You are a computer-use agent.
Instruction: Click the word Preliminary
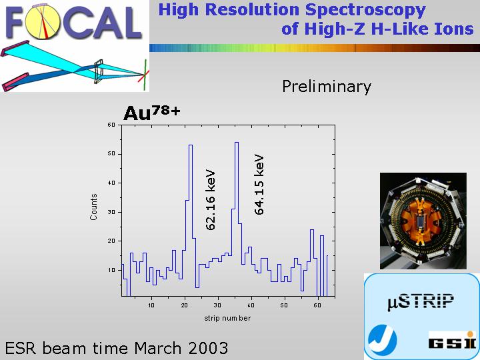click(x=326, y=86)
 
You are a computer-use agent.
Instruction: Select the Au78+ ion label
click(x=152, y=113)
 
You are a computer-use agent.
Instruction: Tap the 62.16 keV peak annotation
click(x=211, y=200)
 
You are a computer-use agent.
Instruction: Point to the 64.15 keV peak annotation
click(x=259, y=185)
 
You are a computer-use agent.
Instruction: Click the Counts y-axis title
click(x=93, y=207)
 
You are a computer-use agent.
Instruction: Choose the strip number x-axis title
click(x=227, y=319)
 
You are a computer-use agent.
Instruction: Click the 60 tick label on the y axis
click(x=111, y=125)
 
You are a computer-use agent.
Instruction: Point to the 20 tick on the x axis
click(x=184, y=305)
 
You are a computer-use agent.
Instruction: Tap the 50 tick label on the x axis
click(x=284, y=305)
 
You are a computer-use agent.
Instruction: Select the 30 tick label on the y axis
click(x=111, y=212)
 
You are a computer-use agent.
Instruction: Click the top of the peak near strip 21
click(x=191, y=145)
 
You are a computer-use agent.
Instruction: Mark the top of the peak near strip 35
click(x=236, y=143)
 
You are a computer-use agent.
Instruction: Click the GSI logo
click(x=453, y=340)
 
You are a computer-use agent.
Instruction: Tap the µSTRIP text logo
click(x=420, y=301)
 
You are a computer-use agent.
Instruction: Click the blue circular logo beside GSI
click(x=383, y=339)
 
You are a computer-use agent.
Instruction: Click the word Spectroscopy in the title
click(x=365, y=10)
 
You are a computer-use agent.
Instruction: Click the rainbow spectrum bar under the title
click(x=315, y=48)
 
